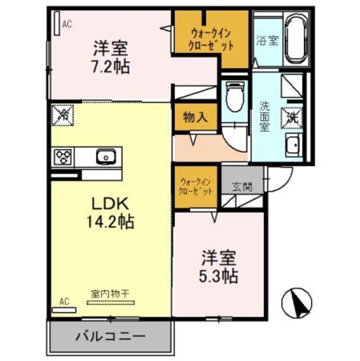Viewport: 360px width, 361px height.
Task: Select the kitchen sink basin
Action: [x=105, y=156]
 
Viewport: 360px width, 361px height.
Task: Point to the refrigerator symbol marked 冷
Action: [x=63, y=116]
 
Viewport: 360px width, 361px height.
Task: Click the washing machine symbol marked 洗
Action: [x=294, y=117]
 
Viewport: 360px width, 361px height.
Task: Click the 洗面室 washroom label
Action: [x=264, y=116]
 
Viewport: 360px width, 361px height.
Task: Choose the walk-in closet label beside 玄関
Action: [x=195, y=186]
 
